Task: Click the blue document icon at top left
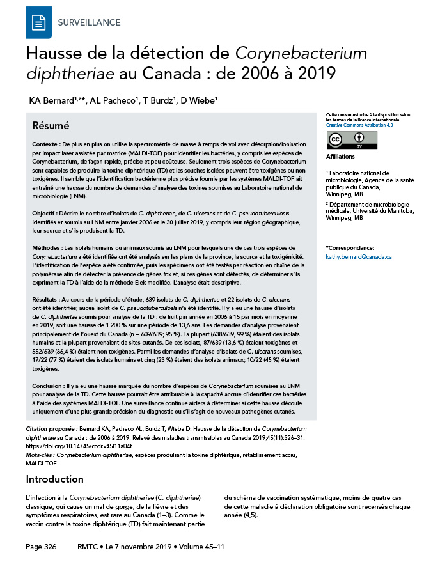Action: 38,22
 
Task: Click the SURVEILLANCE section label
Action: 89,23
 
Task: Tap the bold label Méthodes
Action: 47,247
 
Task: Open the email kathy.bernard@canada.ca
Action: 359,256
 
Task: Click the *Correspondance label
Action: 351,247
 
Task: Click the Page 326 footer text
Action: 41,547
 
